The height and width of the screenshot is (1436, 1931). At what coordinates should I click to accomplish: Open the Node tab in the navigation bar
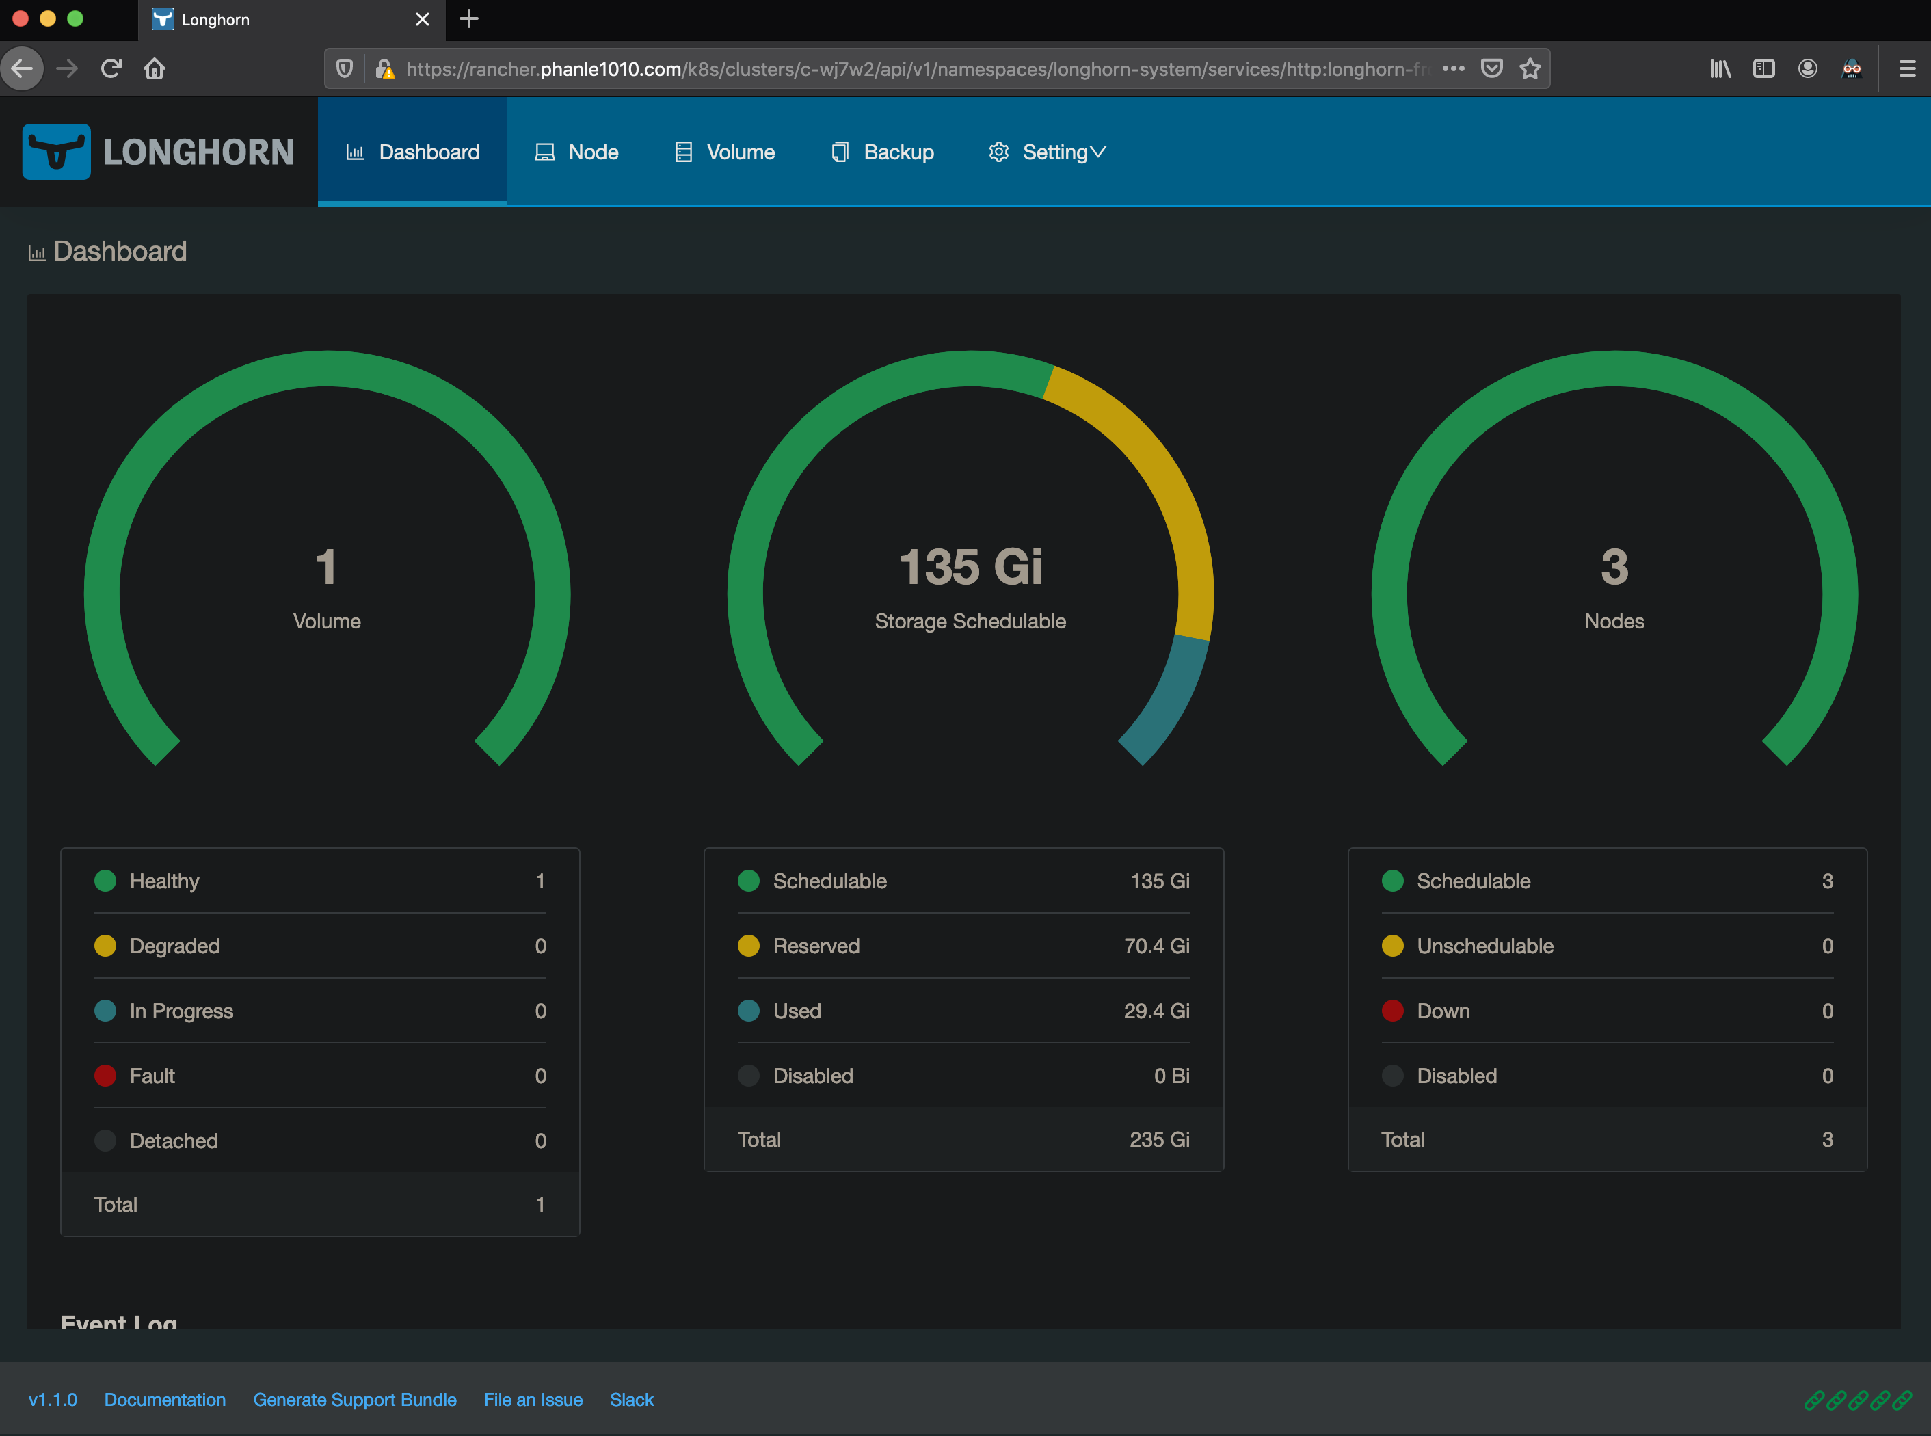point(576,152)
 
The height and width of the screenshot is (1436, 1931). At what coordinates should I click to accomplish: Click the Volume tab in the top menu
point(725,152)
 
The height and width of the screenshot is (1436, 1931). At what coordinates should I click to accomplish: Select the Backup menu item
point(882,152)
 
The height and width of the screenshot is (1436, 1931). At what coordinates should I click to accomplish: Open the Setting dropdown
point(1047,152)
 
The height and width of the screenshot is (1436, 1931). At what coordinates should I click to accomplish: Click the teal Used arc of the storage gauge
point(1169,700)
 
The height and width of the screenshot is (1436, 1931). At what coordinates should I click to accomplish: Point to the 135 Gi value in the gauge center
point(971,567)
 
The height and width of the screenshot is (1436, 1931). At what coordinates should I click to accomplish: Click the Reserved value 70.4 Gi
point(1156,946)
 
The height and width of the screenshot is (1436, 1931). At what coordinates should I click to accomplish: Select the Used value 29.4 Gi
point(1156,1011)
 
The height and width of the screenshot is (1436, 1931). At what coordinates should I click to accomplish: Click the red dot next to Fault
point(105,1076)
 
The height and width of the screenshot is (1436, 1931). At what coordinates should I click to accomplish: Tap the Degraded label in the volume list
point(174,946)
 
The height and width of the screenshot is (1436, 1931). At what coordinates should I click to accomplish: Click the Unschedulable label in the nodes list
point(1484,946)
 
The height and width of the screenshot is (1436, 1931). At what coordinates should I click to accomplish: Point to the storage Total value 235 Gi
point(1158,1140)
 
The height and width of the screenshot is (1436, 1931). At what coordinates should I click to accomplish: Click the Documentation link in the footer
point(165,1400)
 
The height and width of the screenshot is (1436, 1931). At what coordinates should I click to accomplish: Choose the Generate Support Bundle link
point(355,1400)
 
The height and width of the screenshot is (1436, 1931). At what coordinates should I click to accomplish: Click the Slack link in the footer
point(631,1400)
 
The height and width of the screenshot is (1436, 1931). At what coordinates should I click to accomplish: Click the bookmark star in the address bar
point(1530,68)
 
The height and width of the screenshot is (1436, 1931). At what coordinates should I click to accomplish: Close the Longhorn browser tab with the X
point(423,19)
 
